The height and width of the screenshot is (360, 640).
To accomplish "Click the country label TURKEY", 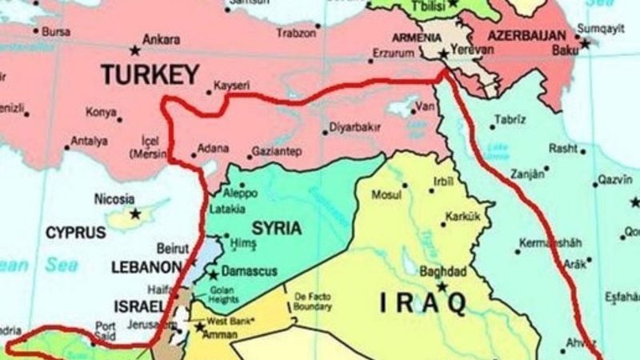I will coord(150,76).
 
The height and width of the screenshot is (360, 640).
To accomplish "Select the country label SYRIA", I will coord(276,229).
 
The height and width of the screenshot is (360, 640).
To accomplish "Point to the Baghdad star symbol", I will coord(441,286).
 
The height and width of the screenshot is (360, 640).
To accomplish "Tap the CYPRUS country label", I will coord(74,233).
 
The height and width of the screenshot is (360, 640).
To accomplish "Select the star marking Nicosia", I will coord(135,214).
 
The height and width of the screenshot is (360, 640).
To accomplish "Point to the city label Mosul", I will coord(386,194).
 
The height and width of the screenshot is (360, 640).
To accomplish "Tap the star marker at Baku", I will coord(585,44).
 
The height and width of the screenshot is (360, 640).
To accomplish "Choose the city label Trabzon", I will coord(296,34).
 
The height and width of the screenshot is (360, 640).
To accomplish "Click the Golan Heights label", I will coord(223,294).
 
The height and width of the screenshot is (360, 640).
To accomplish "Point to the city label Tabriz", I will coord(510,119).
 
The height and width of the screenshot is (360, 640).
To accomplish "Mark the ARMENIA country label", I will coord(417,38).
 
